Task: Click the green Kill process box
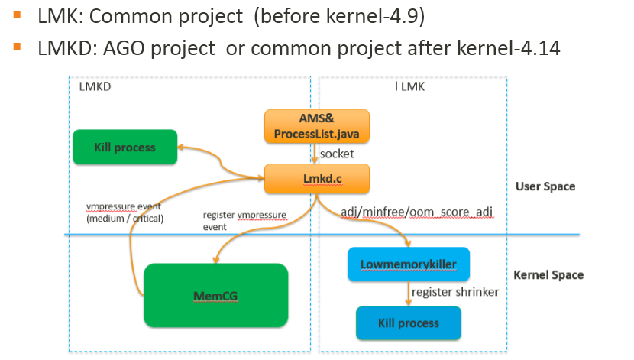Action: pyautogui.click(x=125, y=147)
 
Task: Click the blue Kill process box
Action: pyautogui.click(x=409, y=323)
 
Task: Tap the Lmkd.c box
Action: pyautogui.click(x=316, y=179)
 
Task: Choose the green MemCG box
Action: pyautogui.click(x=216, y=294)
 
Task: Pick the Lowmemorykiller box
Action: pyautogui.click(x=408, y=264)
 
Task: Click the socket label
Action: pyautogui.click(x=336, y=154)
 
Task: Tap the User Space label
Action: pyautogui.click(x=545, y=186)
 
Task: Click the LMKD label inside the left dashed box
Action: pyautogui.click(x=95, y=87)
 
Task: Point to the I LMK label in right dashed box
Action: pyautogui.click(x=409, y=87)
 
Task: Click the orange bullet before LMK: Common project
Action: pyautogui.click(x=17, y=14)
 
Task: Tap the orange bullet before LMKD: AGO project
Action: pyautogui.click(x=17, y=47)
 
